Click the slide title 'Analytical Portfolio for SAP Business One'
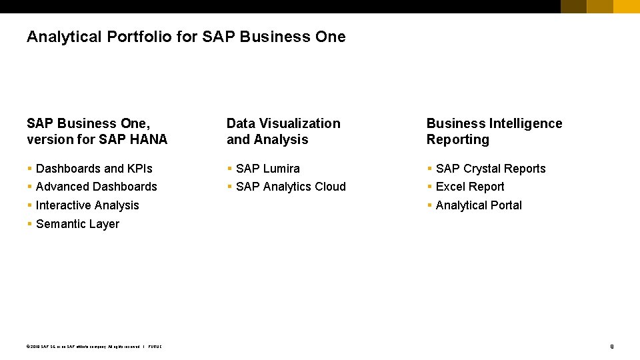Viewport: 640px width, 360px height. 186,37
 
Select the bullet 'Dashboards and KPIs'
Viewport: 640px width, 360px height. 94,169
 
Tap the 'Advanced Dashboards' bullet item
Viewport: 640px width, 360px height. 97,187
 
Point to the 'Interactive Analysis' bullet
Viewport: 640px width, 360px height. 87,205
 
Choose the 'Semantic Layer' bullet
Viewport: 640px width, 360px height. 77,224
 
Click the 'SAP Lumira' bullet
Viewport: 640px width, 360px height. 268,169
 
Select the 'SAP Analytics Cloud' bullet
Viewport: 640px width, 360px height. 291,187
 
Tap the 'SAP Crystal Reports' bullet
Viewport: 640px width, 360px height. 491,169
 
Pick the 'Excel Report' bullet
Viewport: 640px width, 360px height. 470,187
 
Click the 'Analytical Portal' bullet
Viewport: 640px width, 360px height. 479,205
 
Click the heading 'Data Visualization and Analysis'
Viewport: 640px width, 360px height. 283,131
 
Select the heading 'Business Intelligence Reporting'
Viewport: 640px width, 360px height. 494,131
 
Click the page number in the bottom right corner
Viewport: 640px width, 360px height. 611,346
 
